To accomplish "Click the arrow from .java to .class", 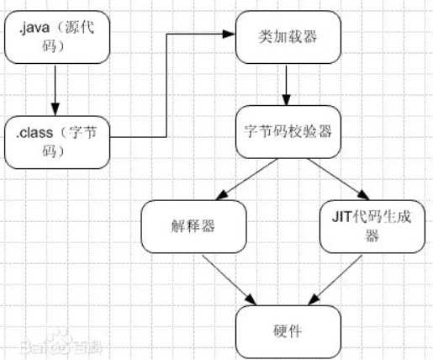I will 55,88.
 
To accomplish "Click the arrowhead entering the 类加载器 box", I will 229,34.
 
